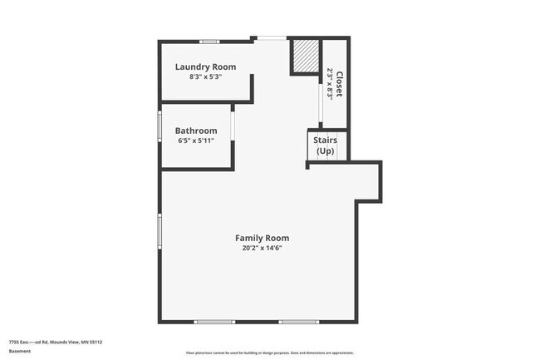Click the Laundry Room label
tap(204, 67)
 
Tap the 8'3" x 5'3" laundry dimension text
tap(204, 76)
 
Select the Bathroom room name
tap(196, 131)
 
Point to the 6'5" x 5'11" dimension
tap(196, 141)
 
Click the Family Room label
tap(262, 238)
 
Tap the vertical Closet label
tap(339, 84)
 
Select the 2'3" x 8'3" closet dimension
tap(330, 84)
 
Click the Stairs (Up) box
tap(324, 145)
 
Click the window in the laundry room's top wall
tap(210, 40)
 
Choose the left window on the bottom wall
tap(214, 322)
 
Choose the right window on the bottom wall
tap(298, 322)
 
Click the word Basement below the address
tap(20, 351)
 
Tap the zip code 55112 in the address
tap(96, 342)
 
